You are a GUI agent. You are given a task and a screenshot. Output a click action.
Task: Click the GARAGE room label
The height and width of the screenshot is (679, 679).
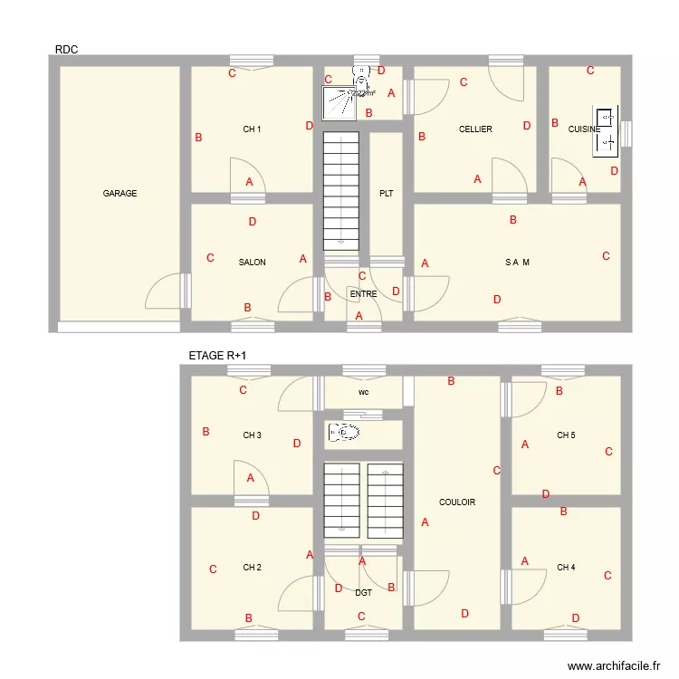[x=120, y=193]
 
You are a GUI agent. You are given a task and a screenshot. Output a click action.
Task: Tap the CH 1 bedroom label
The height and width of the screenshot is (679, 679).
[x=252, y=129]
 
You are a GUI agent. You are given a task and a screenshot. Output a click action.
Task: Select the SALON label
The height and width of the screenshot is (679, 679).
[x=252, y=263]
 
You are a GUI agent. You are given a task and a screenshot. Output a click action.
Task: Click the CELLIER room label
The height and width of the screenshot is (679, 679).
[x=475, y=129]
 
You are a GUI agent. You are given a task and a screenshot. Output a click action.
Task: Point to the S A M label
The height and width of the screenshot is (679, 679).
[x=517, y=263]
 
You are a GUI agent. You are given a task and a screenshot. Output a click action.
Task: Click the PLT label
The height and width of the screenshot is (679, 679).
[x=387, y=193]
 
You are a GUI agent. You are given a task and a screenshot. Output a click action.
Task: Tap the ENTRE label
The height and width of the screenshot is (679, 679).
[x=363, y=294]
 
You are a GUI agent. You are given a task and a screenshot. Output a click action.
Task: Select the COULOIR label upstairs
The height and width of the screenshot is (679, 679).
[x=457, y=502]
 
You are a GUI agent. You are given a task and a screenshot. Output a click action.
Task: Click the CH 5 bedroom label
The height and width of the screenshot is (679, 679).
[x=566, y=435]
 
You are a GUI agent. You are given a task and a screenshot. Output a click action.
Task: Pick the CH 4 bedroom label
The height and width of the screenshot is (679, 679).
[x=566, y=568]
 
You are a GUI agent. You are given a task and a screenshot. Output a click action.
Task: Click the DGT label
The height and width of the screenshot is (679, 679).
[x=363, y=593]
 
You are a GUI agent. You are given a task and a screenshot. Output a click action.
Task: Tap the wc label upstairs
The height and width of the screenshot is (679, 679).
[x=363, y=393]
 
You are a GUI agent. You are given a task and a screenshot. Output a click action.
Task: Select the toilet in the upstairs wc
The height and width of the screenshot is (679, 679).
[x=345, y=433]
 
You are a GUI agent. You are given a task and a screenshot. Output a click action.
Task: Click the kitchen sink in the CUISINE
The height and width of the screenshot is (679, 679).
[x=606, y=130]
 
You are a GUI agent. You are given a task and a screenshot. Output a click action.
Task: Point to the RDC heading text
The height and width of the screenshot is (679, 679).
[x=66, y=50]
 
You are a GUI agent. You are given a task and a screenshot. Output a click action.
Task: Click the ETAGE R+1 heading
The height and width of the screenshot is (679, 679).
[x=217, y=357]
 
